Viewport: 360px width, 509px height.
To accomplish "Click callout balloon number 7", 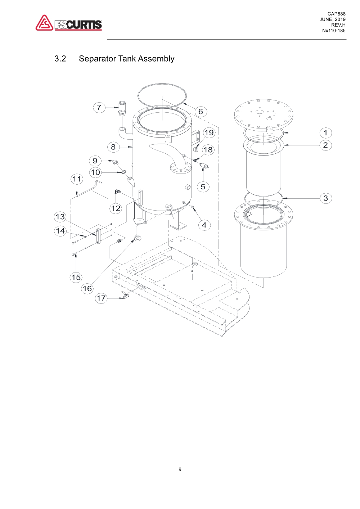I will coord(99,107).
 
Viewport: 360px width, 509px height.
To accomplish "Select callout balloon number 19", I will coord(209,132).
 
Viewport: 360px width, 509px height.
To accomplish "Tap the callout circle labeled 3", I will coord(325,198).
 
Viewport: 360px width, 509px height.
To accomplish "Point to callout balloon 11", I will coord(77,179).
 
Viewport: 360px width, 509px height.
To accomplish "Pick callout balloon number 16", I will coord(87,288).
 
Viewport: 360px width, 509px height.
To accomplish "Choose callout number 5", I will coord(203,186).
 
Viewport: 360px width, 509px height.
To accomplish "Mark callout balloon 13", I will coord(60,217).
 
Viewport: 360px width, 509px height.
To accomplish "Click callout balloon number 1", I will coord(325,133).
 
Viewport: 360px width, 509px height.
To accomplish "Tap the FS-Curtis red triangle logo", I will coord(44,23).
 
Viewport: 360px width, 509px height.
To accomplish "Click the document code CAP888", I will coord(336,14).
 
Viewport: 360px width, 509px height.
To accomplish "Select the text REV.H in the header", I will coord(338,25).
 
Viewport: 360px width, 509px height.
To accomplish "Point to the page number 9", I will coord(180,469).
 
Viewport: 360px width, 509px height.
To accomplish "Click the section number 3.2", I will coord(60,59).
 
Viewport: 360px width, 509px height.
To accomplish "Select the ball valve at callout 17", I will coord(125,296).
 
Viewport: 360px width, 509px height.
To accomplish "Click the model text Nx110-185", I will coord(334,31).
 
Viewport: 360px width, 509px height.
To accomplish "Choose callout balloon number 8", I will coord(113,147).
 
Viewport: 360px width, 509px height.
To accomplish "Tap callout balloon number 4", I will coord(204,225).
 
